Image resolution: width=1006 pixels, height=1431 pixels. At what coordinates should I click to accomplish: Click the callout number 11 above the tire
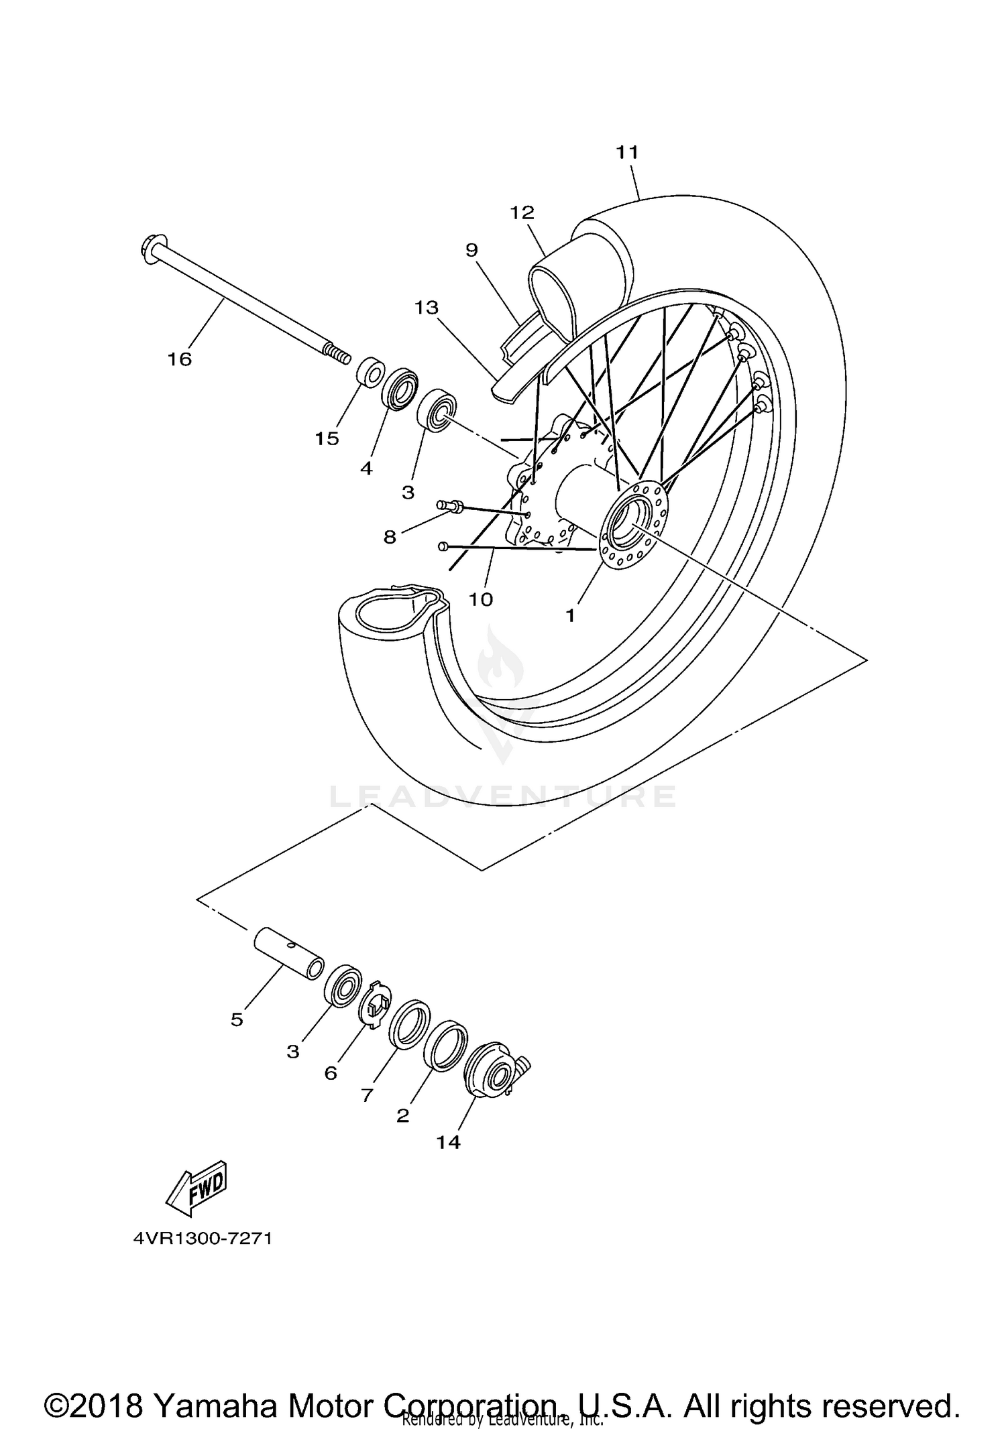tap(627, 153)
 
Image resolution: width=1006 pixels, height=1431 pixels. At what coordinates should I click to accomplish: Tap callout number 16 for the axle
tap(180, 360)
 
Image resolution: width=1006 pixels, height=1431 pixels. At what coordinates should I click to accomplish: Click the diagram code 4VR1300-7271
tap(203, 1238)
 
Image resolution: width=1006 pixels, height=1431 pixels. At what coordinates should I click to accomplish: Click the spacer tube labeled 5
tap(288, 952)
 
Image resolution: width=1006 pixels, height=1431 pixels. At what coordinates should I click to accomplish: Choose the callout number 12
tap(522, 213)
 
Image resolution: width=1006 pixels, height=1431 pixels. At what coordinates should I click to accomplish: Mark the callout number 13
tap(427, 308)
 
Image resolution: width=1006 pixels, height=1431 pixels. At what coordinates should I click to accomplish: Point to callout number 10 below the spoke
tap(481, 599)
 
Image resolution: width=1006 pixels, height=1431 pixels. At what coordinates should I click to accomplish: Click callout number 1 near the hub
tap(570, 615)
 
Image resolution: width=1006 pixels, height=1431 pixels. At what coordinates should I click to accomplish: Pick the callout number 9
tap(471, 250)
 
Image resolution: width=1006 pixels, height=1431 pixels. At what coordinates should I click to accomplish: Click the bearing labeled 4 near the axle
tap(400, 389)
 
